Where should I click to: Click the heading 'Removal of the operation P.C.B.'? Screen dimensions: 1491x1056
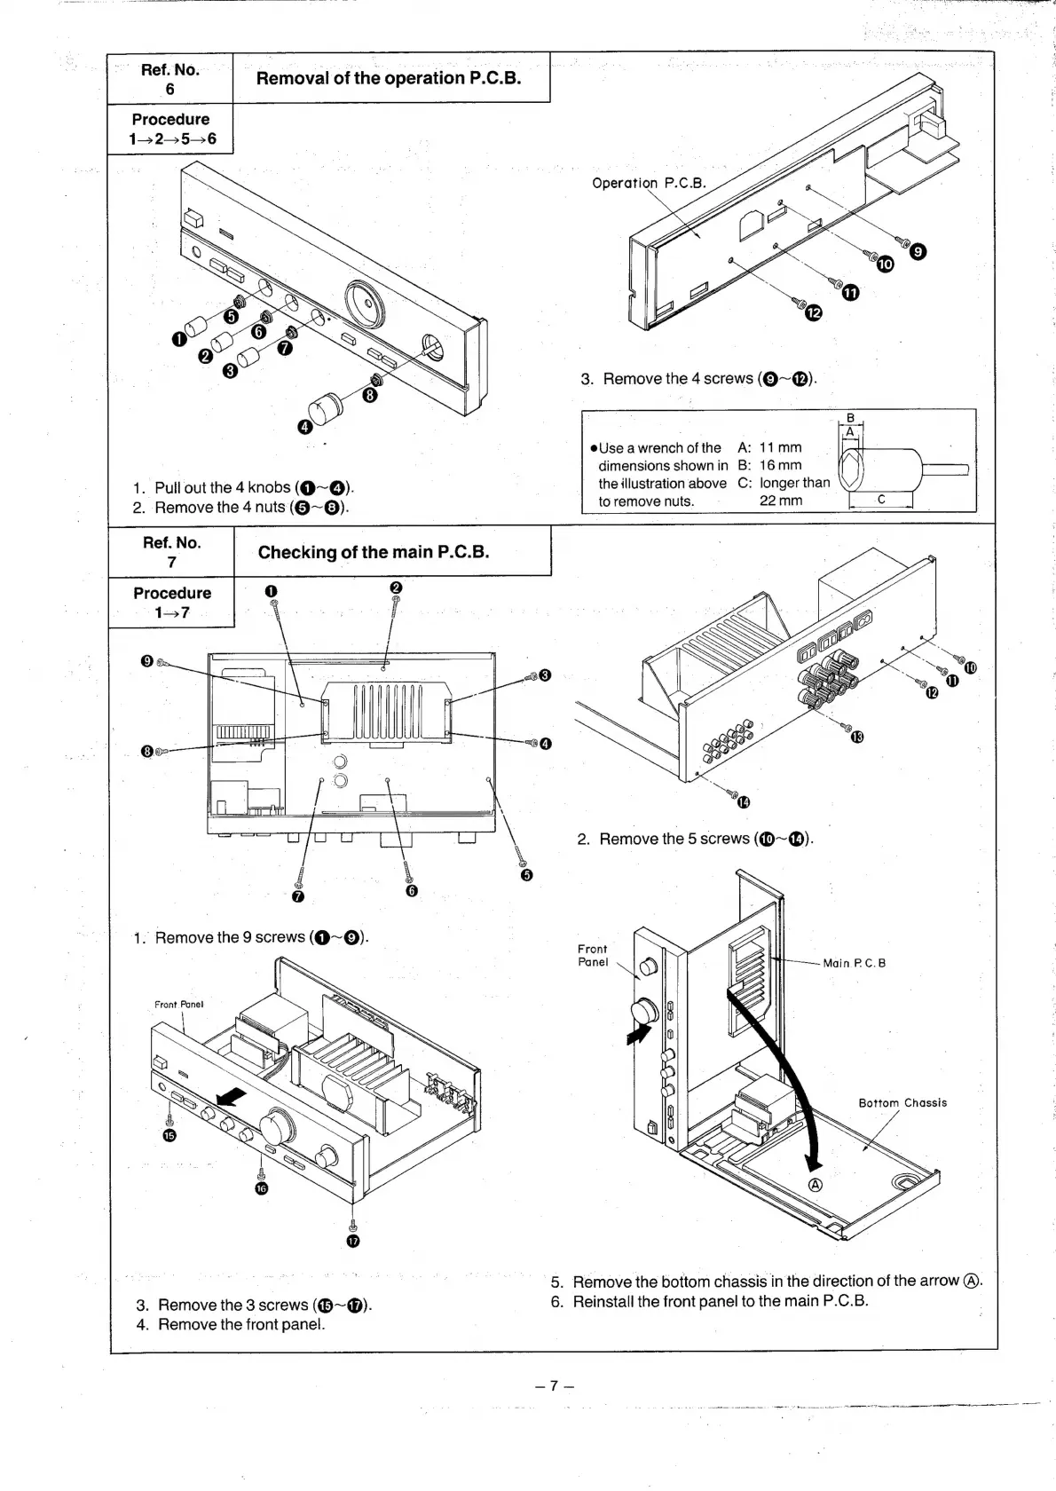[389, 78]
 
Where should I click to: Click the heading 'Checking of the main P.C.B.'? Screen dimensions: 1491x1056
[374, 552]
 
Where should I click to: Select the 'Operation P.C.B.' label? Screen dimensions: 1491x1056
[649, 184]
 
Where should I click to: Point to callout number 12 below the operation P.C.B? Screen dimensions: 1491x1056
[814, 312]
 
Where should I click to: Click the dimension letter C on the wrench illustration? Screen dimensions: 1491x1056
[881, 500]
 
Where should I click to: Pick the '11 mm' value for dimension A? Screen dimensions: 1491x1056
[780, 447]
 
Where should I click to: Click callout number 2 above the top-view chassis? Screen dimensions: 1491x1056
[396, 588]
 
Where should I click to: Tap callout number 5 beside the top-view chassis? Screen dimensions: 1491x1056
[526, 876]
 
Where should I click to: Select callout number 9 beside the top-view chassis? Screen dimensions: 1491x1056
[146, 660]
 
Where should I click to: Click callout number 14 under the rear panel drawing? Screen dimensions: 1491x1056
[744, 803]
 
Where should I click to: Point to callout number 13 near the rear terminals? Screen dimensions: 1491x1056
[857, 738]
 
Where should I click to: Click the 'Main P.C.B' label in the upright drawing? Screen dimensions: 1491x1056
[854, 963]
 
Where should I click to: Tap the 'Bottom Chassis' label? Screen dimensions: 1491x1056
[902, 1103]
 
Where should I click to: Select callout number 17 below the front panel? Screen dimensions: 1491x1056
[353, 1241]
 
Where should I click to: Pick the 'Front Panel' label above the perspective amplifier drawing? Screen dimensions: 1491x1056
[179, 1005]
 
